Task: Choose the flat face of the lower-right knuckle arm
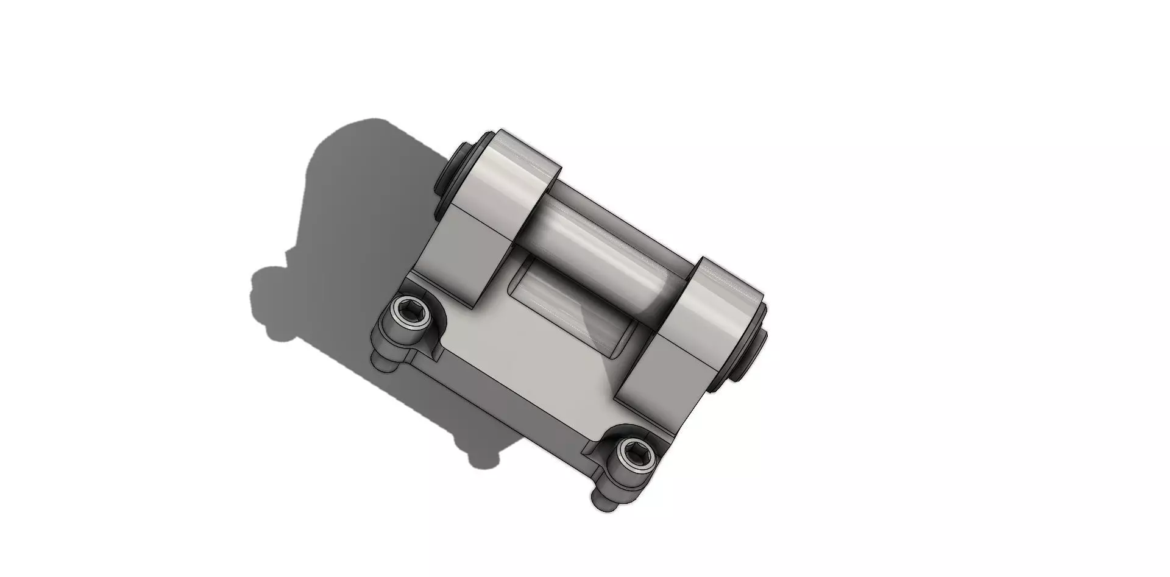(x=670, y=372)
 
